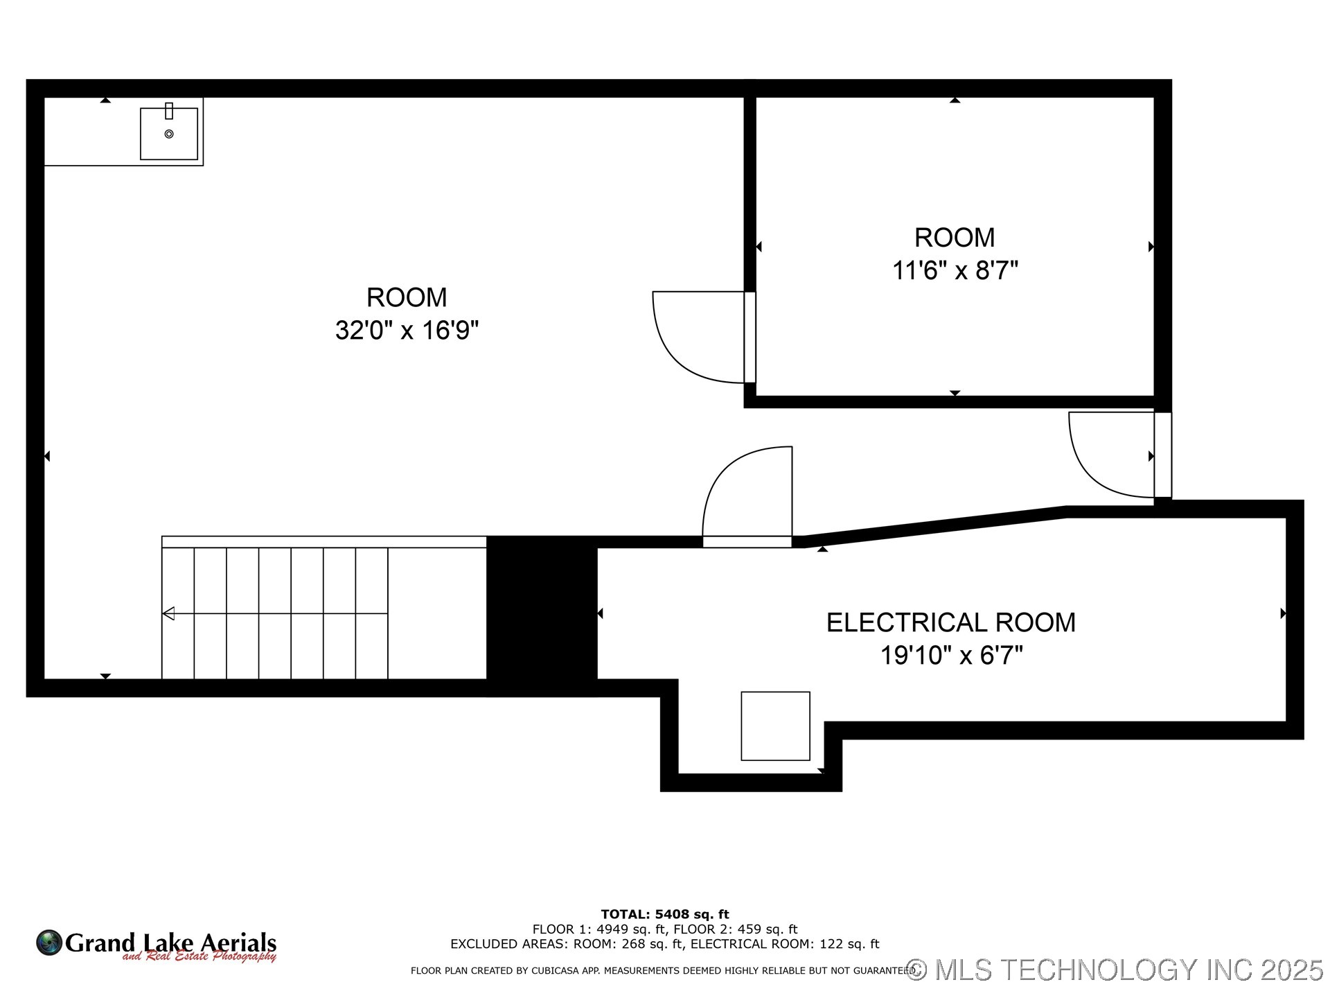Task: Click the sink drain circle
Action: tap(169, 134)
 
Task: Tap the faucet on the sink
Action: tap(169, 111)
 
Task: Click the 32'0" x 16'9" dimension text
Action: tap(407, 331)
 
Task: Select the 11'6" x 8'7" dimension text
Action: tap(955, 270)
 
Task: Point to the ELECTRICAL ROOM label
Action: tap(950, 622)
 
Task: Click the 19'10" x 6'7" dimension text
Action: tap(951, 655)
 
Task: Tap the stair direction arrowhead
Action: tap(168, 613)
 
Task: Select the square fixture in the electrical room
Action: tap(775, 726)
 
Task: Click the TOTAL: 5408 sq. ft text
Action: tap(664, 914)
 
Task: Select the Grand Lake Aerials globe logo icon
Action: tap(49, 943)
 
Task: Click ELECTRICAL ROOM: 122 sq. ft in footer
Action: tap(785, 944)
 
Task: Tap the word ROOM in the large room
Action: tap(407, 297)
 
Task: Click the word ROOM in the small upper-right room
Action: tap(955, 238)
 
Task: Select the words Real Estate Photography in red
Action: tap(211, 957)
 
